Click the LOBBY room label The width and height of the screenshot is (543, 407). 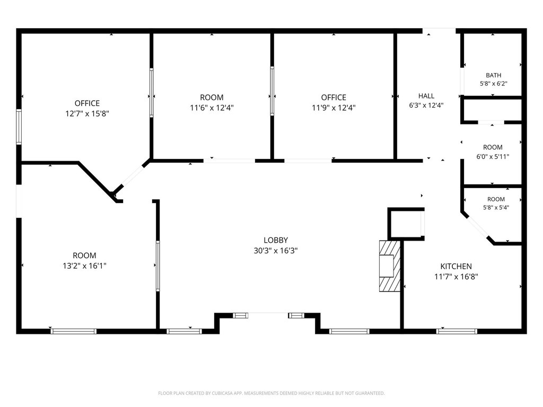click(276, 240)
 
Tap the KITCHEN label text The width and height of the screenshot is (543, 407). click(456, 267)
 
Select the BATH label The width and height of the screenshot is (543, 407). click(494, 75)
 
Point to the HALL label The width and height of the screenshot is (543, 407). click(426, 96)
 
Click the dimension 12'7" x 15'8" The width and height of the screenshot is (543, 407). click(87, 113)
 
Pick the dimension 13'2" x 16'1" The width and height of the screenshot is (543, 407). click(84, 266)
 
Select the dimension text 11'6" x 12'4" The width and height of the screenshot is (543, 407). click(212, 108)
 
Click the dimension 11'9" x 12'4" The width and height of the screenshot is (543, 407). click(334, 108)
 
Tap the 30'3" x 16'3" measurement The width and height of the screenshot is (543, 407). click(276, 251)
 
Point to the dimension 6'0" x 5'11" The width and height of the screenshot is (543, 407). click(493, 157)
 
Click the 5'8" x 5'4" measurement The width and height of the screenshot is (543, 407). click(496, 208)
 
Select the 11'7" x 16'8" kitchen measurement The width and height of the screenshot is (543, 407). click(456, 277)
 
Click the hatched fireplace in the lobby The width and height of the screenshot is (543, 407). click(390, 266)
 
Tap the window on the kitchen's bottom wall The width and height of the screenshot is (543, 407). click(457, 332)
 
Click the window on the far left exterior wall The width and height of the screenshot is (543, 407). click(19, 127)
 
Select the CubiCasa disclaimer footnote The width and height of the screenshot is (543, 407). click(271, 393)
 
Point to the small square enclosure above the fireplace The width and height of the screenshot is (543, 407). click(406, 224)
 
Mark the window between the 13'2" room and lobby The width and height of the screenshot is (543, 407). click(158, 266)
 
